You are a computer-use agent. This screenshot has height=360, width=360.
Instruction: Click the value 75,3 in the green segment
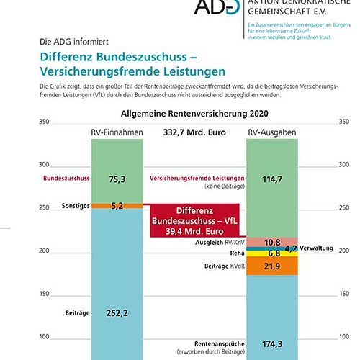coord(117,179)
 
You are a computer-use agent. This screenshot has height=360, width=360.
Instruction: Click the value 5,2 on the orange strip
coord(117,206)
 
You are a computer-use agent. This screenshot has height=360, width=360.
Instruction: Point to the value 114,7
coord(273,179)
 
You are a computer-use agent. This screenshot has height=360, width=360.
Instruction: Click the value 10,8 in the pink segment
coord(273,242)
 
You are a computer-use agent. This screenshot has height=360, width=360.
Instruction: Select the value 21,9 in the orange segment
coord(273,266)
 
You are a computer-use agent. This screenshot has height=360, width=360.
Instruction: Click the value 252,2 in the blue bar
coord(117,313)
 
